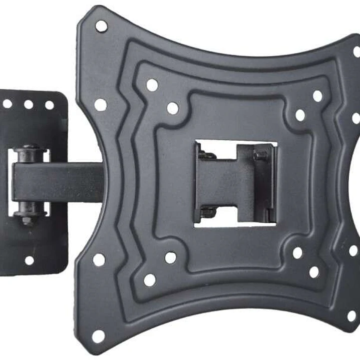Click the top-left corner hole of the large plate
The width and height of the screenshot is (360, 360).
[101, 26]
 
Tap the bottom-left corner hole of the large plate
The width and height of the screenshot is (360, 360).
[99, 336]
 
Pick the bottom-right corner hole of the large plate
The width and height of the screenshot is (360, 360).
[352, 316]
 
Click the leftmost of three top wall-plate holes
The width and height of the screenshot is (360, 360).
[8, 104]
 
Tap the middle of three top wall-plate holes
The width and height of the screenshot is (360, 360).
[29, 105]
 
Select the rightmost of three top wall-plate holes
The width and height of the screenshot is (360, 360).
[49, 105]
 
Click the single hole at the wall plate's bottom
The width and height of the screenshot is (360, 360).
[30, 260]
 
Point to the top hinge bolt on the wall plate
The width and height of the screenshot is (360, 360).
[30, 149]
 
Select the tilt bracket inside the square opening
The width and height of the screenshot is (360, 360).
[235, 183]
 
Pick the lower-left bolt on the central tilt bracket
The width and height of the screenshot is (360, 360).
[207, 212]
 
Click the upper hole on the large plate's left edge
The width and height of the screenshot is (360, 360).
[101, 105]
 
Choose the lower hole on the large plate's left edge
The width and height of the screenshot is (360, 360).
[99, 259]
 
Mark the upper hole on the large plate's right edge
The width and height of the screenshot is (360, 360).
[356, 118]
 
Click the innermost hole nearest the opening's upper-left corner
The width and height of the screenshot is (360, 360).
[173, 108]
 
